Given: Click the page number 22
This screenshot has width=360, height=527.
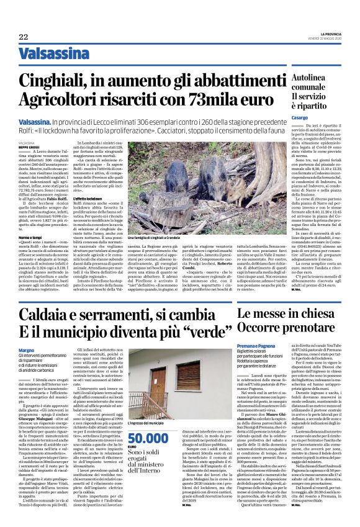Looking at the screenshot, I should click(x=23, y=37).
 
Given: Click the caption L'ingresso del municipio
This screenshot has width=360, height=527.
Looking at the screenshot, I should click(x=145, y=440).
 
